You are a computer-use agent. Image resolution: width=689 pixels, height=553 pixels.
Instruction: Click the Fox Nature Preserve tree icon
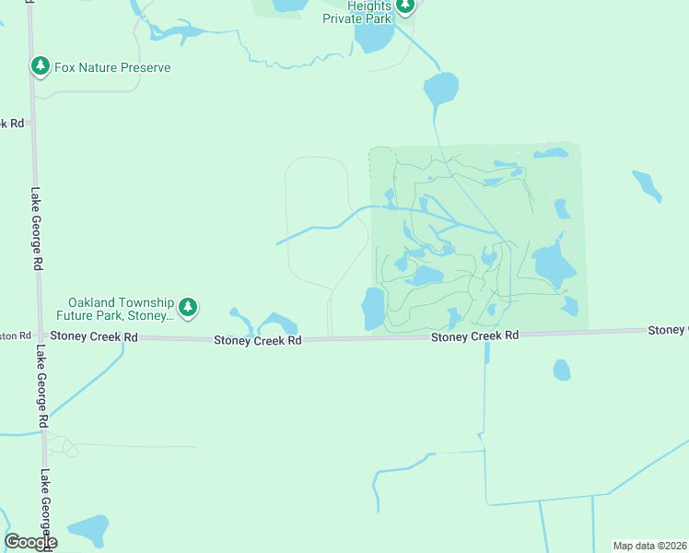point(40,66)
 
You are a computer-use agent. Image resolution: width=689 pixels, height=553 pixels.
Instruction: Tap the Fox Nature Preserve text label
point(111,67)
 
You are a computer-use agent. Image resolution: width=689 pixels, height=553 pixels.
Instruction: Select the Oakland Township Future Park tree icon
point(188,308)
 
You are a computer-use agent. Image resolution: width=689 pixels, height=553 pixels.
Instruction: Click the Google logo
point(30,542)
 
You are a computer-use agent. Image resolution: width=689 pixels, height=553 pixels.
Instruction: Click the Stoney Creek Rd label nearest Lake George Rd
point(94,337)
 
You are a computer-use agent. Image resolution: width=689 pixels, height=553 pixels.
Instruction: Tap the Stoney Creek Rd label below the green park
point(475,335)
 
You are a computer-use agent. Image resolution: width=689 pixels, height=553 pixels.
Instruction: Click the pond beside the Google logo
point(88,531)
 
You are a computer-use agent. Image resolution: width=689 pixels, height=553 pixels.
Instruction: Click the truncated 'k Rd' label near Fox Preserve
point(12,123)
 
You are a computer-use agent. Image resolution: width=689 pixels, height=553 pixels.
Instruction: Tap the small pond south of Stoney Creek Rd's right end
point(561,370)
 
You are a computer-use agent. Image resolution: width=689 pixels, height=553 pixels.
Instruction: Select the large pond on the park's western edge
point(373,308)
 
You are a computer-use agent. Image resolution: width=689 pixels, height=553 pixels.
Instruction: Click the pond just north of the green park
point(439,89)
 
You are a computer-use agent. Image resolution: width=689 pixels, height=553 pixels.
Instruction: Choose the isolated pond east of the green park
point(647,185)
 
